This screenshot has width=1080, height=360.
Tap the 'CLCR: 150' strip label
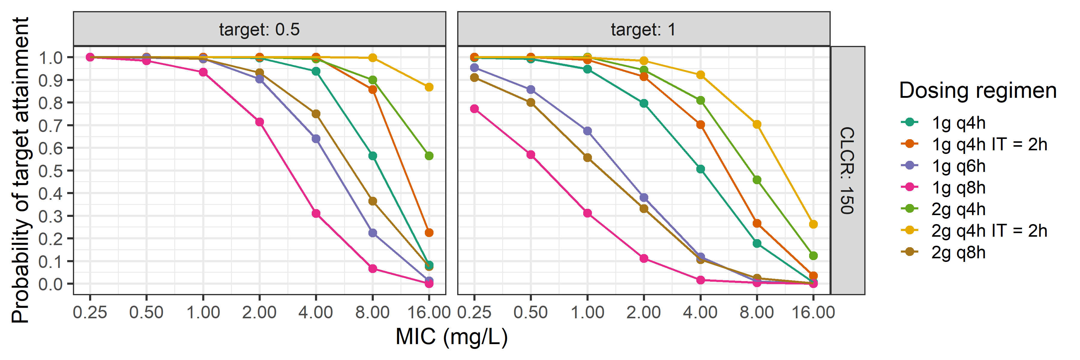coord(847,170)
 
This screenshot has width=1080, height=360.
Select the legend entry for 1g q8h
coord(958,187)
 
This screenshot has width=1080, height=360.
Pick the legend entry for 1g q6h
coord(958,166)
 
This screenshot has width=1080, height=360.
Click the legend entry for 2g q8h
coord(958,252)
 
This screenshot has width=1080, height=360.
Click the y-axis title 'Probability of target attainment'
coord(20,170)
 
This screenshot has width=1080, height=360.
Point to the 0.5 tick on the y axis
coord(50,171)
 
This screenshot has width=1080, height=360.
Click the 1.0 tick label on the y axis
coord(50,57)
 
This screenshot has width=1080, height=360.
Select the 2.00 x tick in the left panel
coord(259,312)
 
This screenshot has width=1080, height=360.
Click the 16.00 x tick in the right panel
coord(813,312)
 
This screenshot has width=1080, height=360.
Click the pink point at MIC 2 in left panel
coord(259,122)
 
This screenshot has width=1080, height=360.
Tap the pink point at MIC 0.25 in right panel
coord(474,109)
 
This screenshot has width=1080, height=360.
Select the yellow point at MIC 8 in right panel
coord(757,124)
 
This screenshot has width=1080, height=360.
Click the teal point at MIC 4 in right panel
coord(700,169)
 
